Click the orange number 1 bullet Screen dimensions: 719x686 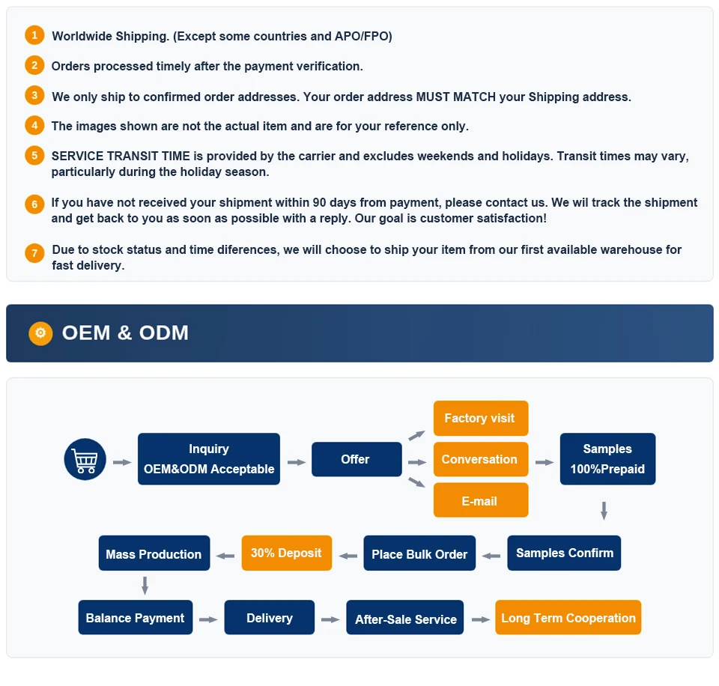[34, 35]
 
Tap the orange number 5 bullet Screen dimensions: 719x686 [34, 156]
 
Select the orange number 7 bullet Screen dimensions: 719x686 [34, 252]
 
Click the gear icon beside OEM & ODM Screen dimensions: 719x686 [40, 333]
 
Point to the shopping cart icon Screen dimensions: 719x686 [85, 459]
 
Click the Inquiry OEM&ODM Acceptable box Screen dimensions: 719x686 [209, 458]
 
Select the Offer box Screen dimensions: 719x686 [357, 459]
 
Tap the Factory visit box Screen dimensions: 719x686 [481, 418]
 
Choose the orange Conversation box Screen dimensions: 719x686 [481, 459]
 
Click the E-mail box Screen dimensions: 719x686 [481, 500]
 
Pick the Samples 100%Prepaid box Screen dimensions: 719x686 [607, 458]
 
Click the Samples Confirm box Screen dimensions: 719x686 [564, 553]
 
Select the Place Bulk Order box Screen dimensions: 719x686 [419, 553]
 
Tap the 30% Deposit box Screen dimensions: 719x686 [287, 553]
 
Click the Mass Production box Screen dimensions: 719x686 [154, 553]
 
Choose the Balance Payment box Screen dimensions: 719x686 [136, 617]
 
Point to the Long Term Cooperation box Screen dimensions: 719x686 [568, 617]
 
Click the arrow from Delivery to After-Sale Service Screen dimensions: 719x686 [330, 619]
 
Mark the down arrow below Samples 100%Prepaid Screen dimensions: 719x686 [604, 510]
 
